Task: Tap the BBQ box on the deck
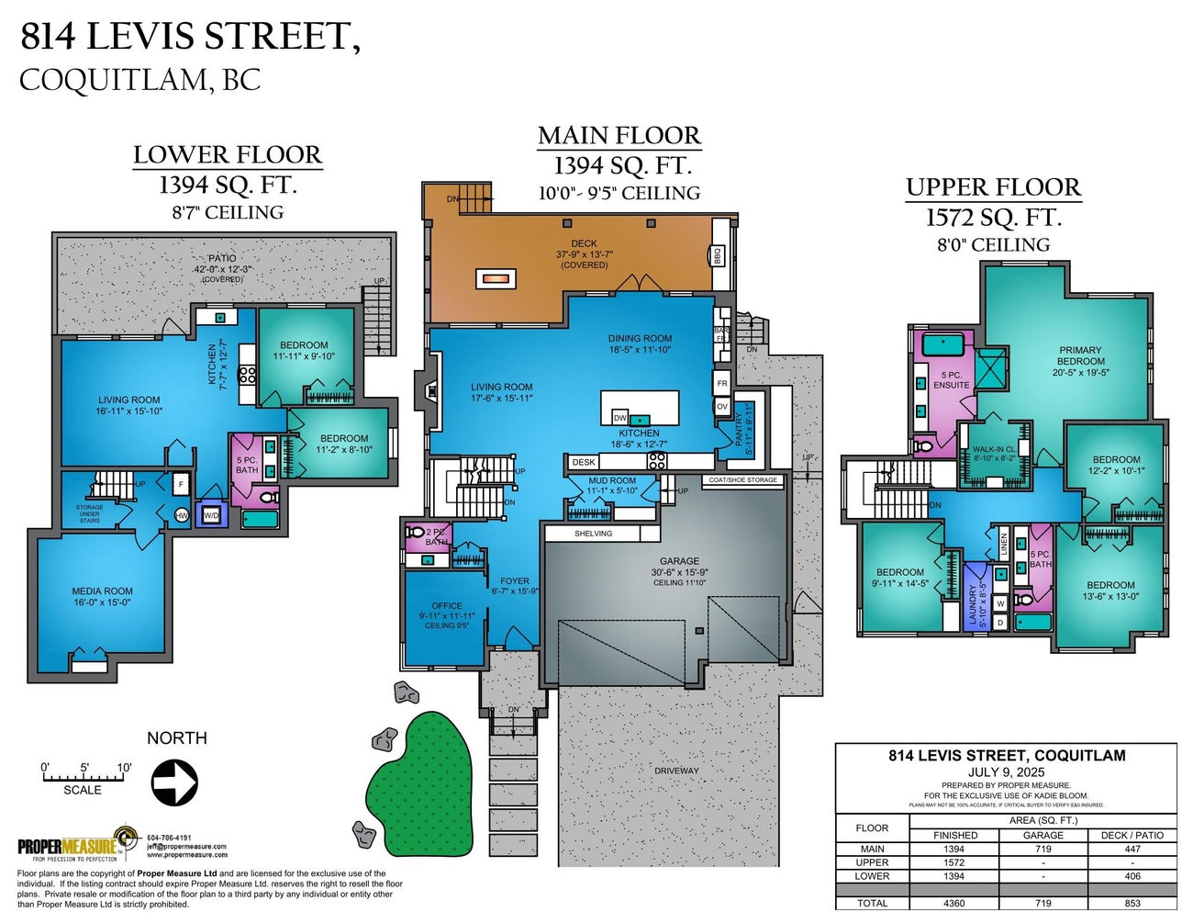point(718,254)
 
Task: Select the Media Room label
point(103,597)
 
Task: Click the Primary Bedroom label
point(1080,361)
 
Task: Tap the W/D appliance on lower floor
point(211,515)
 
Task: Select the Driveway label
point(676,771)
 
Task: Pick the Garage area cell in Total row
point(1042,903)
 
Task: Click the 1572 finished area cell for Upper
point(954,862)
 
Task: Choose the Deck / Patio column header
point(1132,835)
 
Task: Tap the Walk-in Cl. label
point(994,453)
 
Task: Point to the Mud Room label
point(611,486)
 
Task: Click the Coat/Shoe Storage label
point(742,479)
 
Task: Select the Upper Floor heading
point(993,187)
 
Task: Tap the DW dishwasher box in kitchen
point(620,418)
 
